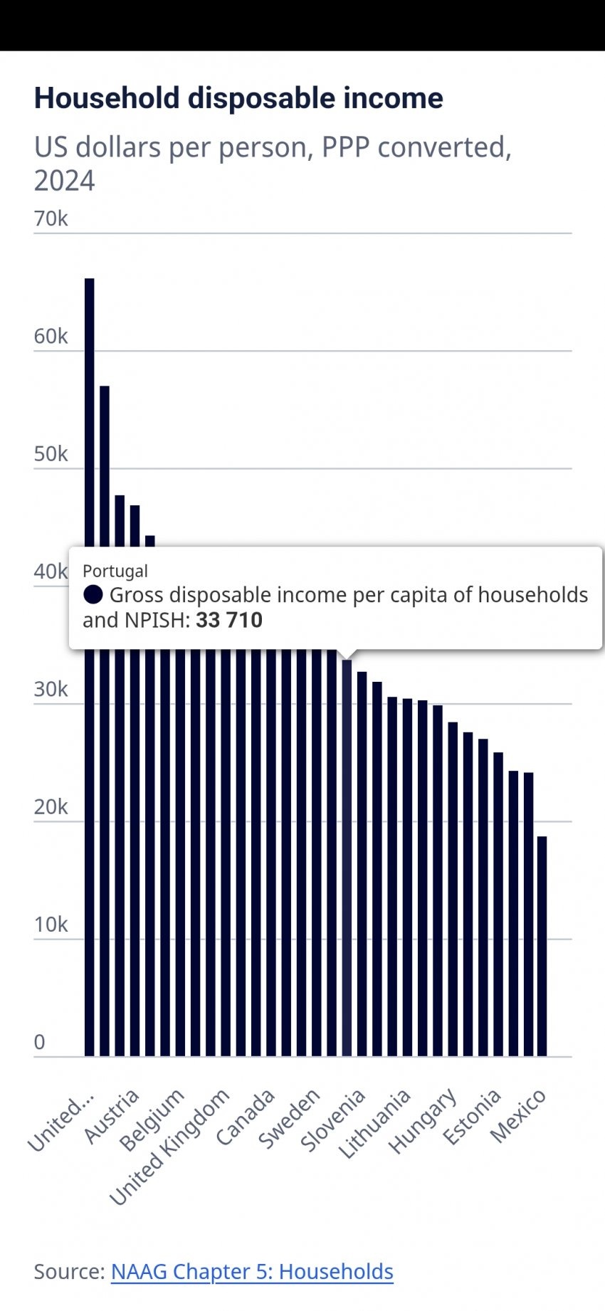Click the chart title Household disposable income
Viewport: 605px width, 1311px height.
(x=238, y=98)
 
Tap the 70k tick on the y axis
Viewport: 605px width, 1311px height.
(x=51, y=218)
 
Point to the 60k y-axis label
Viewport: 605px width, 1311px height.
(x=51, y=336)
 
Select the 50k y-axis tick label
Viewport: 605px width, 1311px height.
(x=51, y=454)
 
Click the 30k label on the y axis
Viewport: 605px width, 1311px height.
(x=51, y=689)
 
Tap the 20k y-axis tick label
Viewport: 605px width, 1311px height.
(x=51, y=806)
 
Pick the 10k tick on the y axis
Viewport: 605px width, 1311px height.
(x=51, y=925)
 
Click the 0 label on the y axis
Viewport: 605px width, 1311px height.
(x=40, y=1042)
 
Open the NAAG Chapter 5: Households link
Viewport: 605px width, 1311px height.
(x=252, y=1271)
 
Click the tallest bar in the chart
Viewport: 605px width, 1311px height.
(x=90, y=641)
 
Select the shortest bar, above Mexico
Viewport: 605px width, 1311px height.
(x=542, y=947)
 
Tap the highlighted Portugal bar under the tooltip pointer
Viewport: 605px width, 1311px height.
(x=347, y=854)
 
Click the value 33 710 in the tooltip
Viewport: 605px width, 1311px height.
(x=229, y=620)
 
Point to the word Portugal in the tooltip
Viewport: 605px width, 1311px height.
(x=115, y=571)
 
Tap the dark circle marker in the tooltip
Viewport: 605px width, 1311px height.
(x=93, y=594)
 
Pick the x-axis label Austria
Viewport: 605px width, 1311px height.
(x=112, y=1115)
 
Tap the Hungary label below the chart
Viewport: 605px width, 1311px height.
(x=423, y=1120)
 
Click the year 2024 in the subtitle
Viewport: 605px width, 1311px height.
(x=64, y=181)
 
